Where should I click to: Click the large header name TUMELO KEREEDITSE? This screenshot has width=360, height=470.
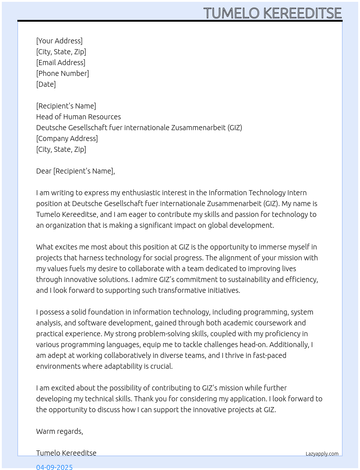(273, 13)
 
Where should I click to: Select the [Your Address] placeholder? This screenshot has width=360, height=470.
(59, 41)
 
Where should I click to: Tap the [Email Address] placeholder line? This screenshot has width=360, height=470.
(61, 63)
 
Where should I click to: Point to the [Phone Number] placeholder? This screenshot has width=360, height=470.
(63, 73)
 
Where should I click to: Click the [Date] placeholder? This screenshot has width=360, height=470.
(46, 84)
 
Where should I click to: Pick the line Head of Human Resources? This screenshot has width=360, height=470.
(78, 117)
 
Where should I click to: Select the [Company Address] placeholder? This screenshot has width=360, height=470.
(67, 138)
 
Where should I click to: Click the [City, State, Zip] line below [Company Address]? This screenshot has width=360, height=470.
(61, 149)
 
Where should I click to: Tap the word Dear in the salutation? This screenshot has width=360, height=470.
(44, 171)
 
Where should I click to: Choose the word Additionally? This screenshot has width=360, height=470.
(289, 345)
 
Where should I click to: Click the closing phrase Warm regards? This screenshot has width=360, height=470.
(60, 431)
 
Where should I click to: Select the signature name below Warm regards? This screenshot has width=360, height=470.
(66, 453)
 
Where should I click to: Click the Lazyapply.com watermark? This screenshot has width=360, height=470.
(322, 454)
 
